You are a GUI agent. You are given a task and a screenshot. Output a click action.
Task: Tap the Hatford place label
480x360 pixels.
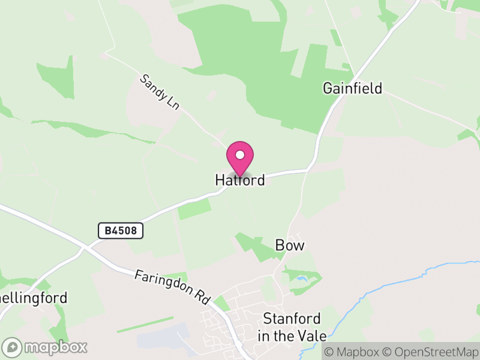click(x=240, y=180)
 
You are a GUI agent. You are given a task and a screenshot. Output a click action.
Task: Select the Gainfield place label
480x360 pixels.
click(x=352, y=89)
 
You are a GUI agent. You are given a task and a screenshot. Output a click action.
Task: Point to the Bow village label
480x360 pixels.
click(x=290, y=245)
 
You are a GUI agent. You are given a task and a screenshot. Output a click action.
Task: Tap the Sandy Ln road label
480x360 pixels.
click(x=160, y=92)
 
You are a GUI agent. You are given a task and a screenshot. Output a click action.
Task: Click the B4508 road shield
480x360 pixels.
click(x=121, y=230)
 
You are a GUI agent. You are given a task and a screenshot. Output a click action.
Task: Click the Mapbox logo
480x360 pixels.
click(x=46, y=347)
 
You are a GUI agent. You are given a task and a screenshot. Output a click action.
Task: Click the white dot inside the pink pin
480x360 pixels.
click(x=240, y=155)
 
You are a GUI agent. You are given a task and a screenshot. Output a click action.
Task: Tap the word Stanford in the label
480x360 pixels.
click(x=292, y=319)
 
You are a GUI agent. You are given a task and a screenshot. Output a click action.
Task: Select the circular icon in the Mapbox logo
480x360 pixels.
click(x=12, y=347)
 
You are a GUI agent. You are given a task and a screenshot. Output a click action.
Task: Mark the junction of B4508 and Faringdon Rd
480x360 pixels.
click(x=86, y=245)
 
